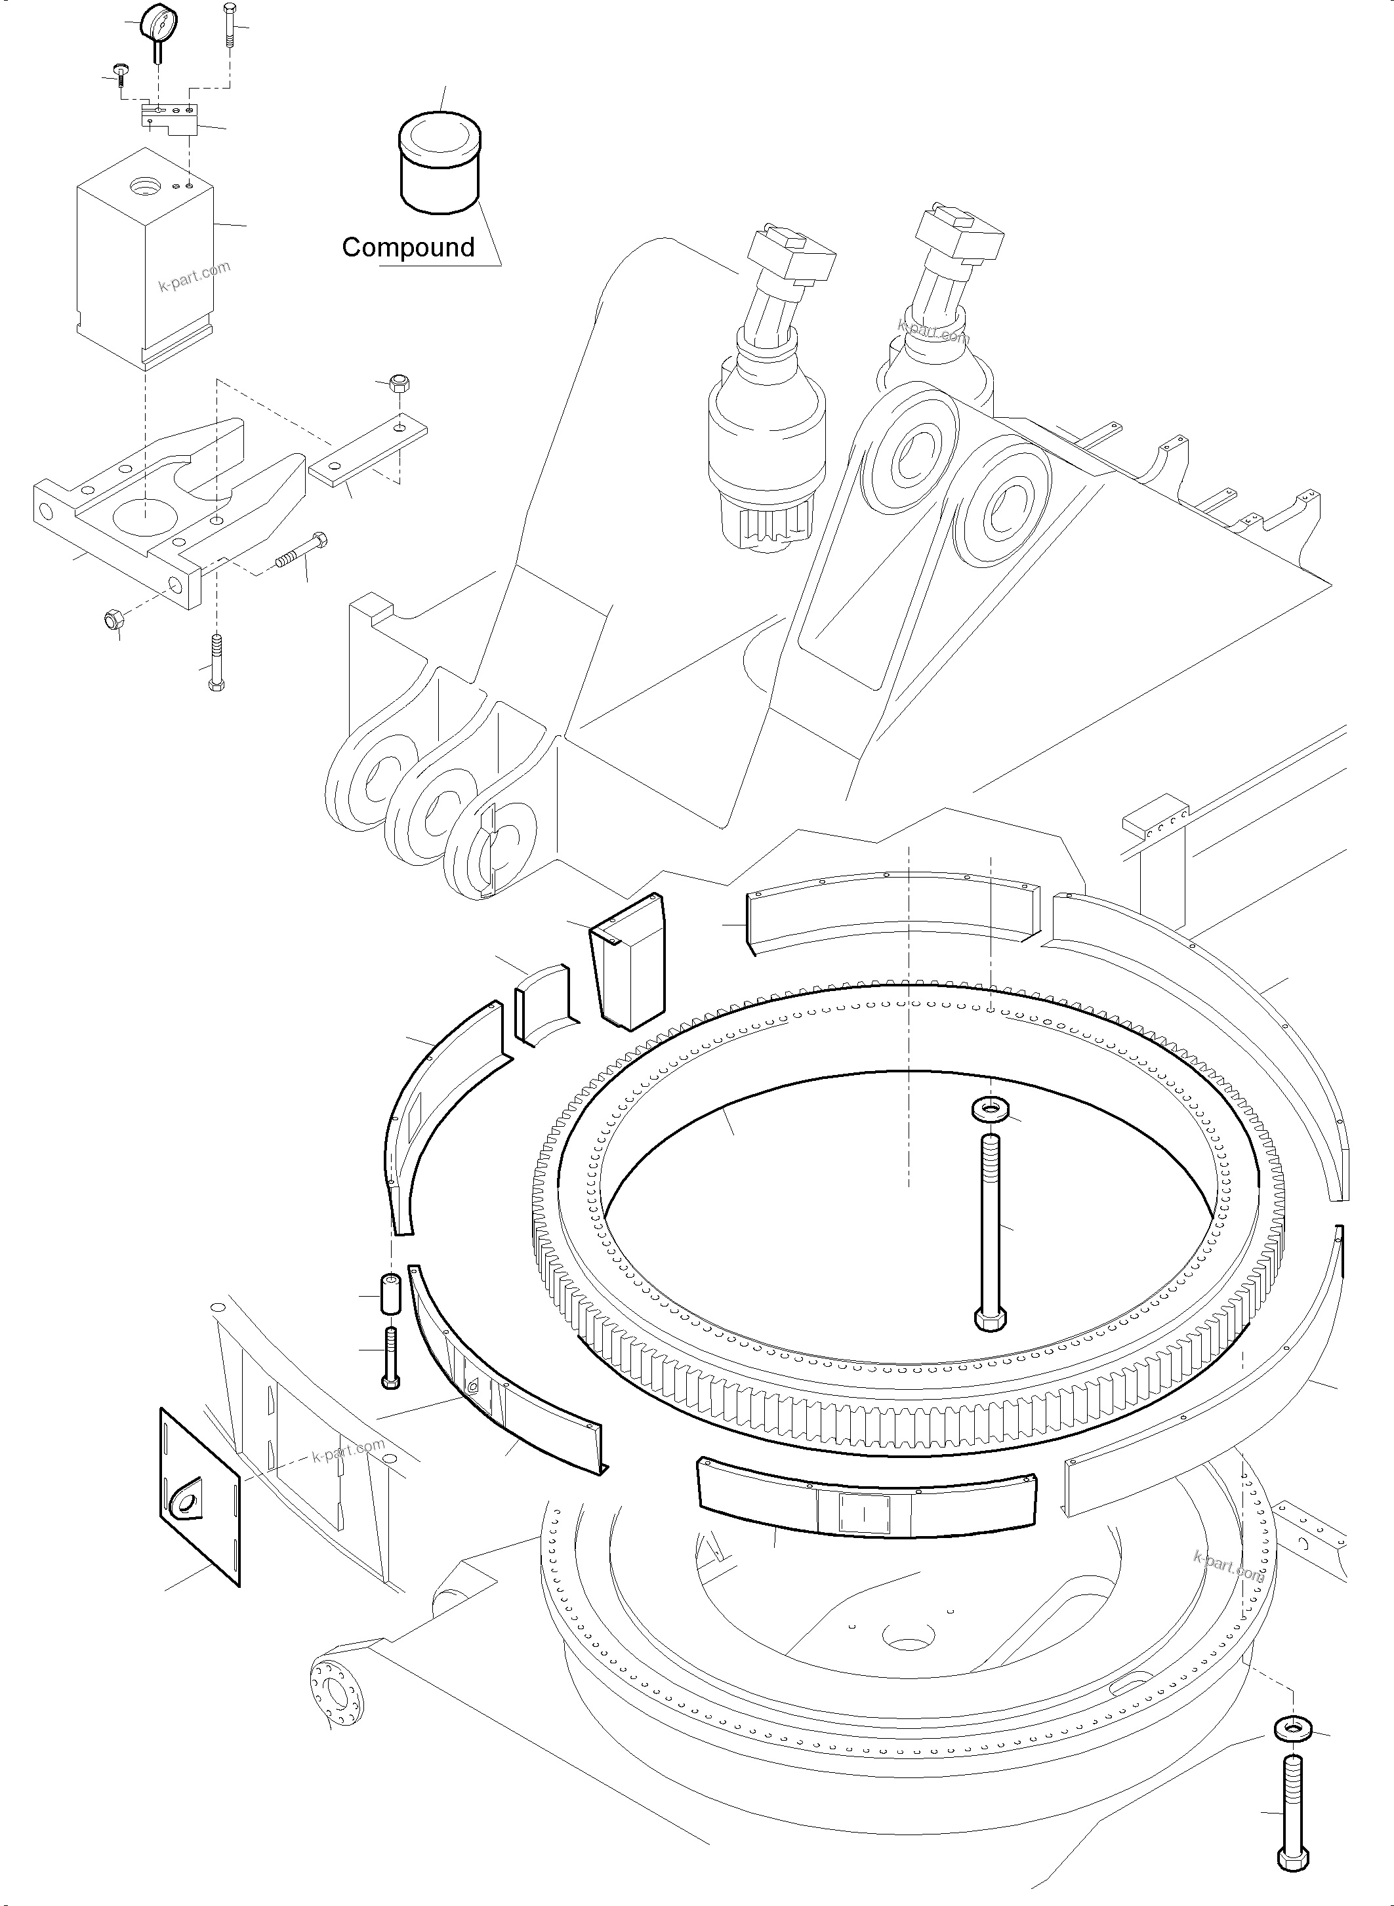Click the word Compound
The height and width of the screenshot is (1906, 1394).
click(x=409, y=247)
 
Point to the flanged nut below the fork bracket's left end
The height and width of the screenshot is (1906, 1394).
click(x=113, y=620)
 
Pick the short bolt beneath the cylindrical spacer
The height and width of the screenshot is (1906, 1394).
click(x=391, y=1357)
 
